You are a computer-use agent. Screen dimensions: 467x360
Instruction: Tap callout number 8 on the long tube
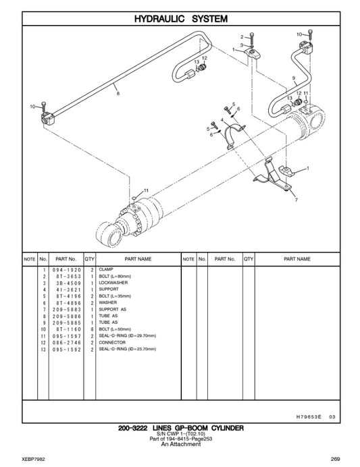(x=119, y=94)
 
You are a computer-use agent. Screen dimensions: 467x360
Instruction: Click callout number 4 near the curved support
(x=221, y=120)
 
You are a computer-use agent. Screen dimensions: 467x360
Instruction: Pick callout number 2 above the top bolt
(x=241, y=36)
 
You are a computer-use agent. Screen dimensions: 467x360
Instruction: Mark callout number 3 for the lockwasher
(x=241, y=45)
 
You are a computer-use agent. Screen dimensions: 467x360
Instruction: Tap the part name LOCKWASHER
(x=112, y=283)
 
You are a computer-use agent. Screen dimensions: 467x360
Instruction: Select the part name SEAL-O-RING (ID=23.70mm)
(x=127, y=349)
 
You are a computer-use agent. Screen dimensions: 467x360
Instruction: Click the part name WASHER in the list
(x=108, y=302)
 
